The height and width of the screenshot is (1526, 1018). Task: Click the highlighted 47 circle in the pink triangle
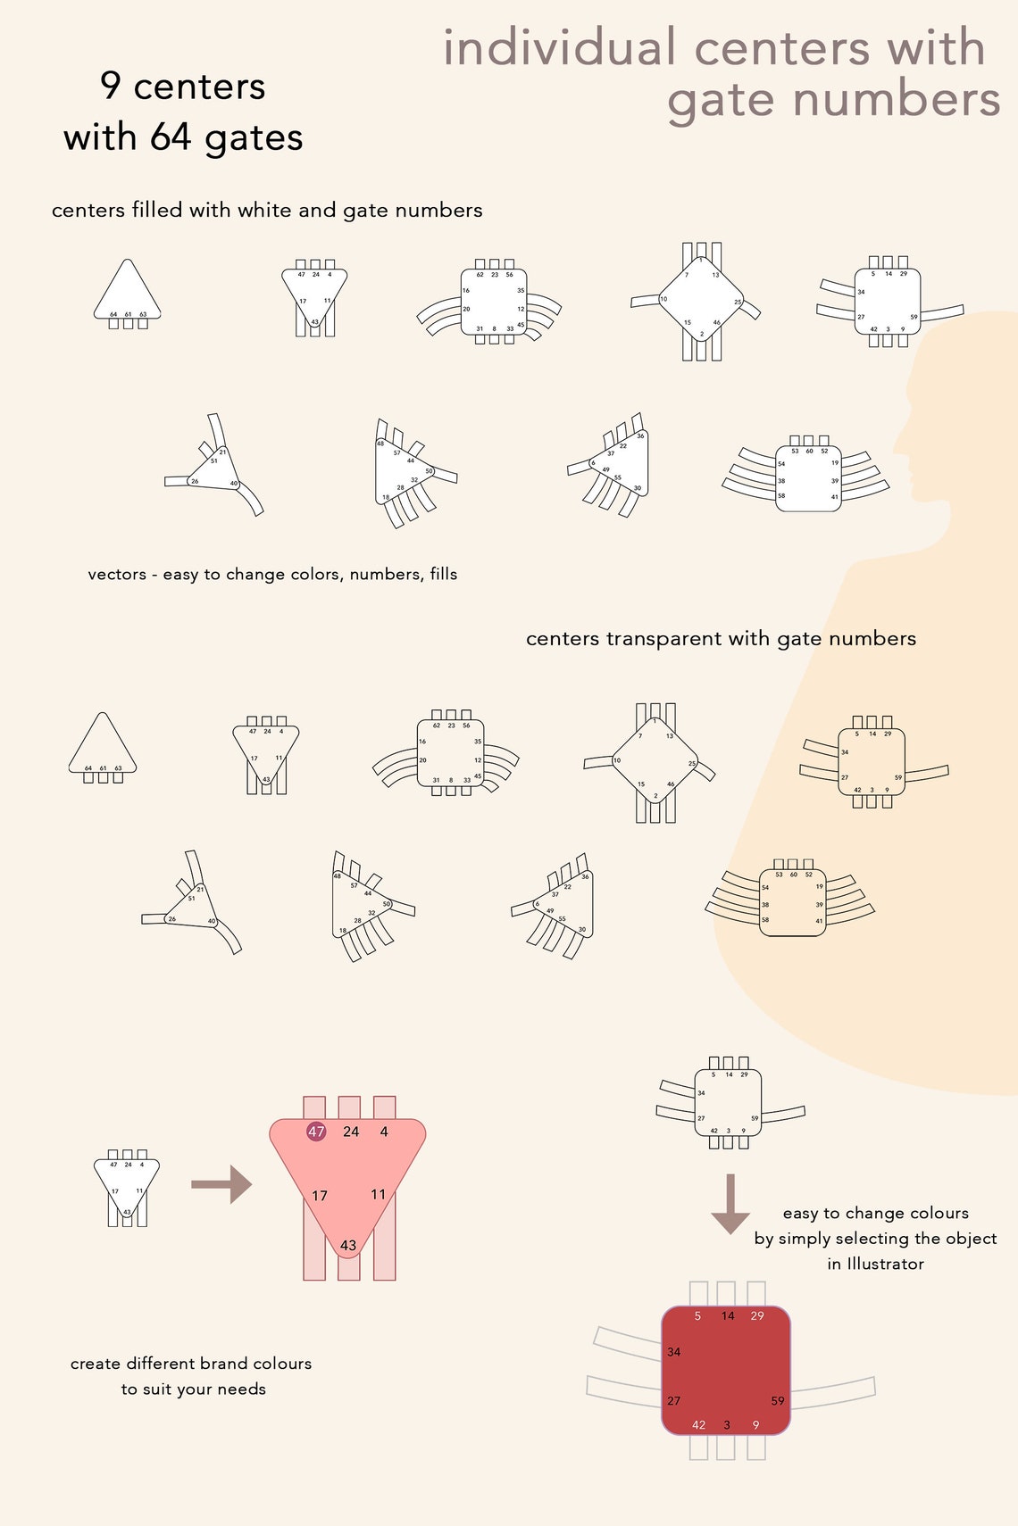(316, 1132)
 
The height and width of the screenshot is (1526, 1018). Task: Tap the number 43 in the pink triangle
(348, 1245)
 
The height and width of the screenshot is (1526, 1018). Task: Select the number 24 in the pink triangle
(351, 1132)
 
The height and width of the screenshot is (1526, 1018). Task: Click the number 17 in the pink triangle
(320, 1196)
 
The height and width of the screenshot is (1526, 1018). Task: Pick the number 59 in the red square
(778, 1401)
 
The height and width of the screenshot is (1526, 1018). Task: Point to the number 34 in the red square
(674, 1352)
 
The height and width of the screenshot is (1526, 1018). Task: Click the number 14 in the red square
(728, 1316)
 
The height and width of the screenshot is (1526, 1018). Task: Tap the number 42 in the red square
(698, 1425)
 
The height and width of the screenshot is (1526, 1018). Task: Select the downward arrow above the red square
(730, 1205)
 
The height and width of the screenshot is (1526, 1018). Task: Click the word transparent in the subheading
(663, 639)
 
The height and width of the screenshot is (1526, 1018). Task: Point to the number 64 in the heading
(171, 137)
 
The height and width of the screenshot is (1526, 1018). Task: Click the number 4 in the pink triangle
(384, 1132)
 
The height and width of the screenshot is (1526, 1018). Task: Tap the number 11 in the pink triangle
(378, 1194)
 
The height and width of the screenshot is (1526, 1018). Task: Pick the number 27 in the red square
(674, 1401)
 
